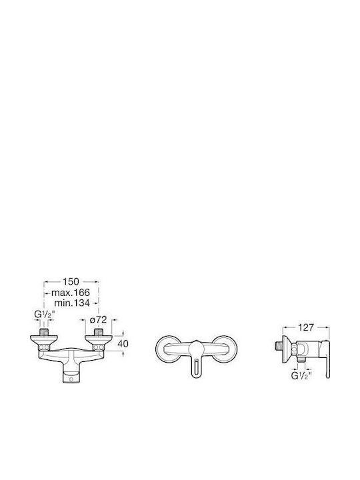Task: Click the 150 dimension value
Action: (x=71, y=281)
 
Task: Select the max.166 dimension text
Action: (x=71, y=293)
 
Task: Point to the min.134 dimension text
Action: (x=72, y=303)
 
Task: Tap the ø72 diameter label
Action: (x=98, y=320)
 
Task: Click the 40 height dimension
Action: (x=123, y=344)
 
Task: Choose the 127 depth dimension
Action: (x=306, y=327)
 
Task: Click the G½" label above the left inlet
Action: (x=45, y=315)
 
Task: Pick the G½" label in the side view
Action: (x=301, y=376)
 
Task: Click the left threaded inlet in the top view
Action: (x=45, y=332)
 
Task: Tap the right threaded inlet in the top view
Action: (x=98, y=332)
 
